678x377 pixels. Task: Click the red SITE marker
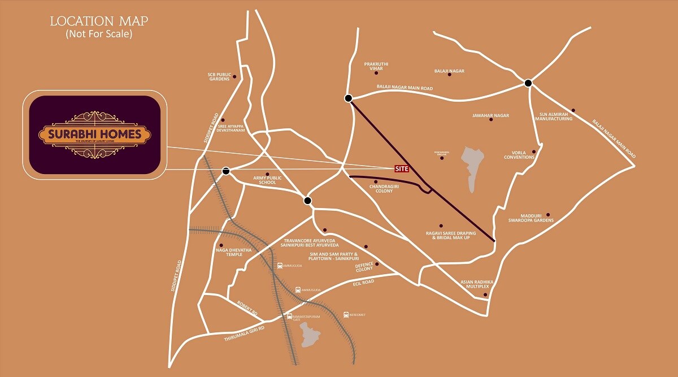pos(401,168)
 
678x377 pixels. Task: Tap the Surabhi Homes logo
pos(94,135)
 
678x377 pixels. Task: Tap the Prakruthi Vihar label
pos(376,66)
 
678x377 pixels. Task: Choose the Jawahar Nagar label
pos(490,115)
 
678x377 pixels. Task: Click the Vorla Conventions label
pos(520,155)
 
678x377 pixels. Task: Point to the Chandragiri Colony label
pos(384,188)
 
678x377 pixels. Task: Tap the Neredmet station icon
pos(346,315)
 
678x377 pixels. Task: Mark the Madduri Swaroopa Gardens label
pos(531,218)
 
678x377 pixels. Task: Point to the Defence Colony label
pos(364,267)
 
